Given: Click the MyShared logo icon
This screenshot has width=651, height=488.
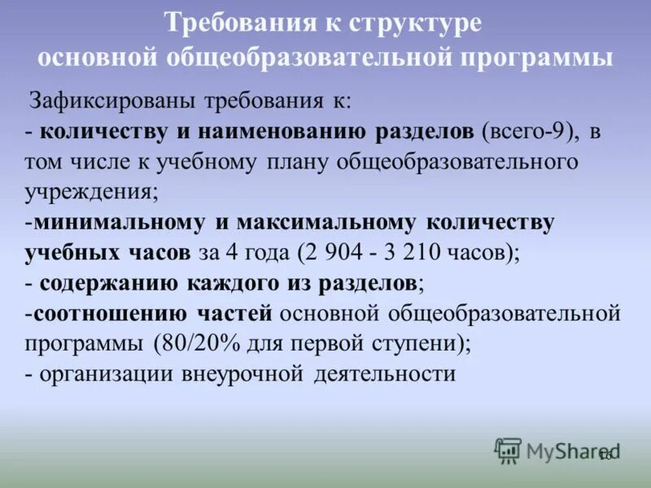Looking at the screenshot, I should click(508, 450).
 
